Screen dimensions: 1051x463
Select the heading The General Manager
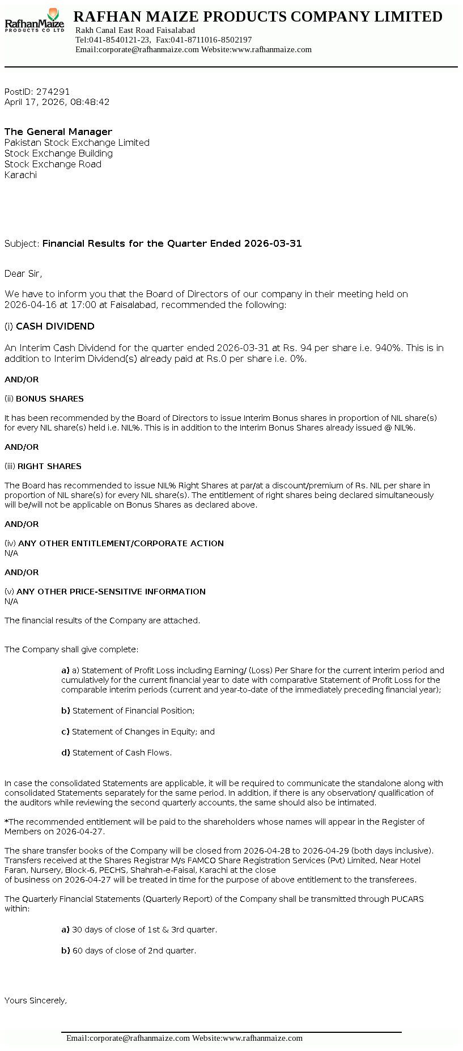tap(58, 132)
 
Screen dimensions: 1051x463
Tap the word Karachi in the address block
tap(20, 175)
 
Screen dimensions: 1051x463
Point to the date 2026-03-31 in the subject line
tap(273, 243)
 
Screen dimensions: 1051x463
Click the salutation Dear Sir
tap(23, 273)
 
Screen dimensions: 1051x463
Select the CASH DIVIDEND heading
tap(55, 326)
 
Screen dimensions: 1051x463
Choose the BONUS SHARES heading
tap(49, 399)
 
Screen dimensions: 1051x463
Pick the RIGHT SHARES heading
tap(49, 466)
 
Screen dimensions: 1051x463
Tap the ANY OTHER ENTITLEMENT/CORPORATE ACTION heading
tap(121, 543)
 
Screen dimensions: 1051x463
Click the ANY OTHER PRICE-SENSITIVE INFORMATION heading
tap(111, 592)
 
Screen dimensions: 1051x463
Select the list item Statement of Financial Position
tap(133, 711)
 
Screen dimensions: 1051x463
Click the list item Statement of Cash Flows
tap(121, 753)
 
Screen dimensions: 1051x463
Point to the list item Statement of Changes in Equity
tap(143, 732)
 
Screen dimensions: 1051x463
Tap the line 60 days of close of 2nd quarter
tap(134, 951)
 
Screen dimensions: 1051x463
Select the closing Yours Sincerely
tap(36, 1001)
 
